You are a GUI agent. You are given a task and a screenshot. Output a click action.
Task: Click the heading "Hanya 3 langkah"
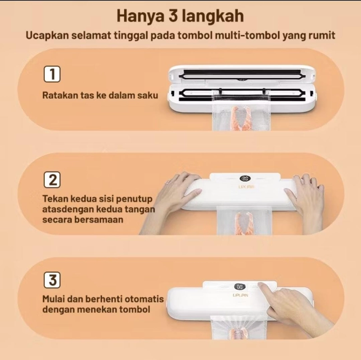(x=180, y=16)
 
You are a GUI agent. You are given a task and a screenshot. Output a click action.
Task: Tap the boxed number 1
(x=52, y=74)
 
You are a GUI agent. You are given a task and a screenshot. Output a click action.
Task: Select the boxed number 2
(x=52, y=180)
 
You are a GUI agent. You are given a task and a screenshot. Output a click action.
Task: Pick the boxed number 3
(x=52, y=281)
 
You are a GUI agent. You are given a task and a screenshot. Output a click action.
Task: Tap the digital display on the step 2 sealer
(x=246, y=178)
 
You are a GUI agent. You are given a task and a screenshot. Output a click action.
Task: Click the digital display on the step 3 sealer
(x=240, y=286)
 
